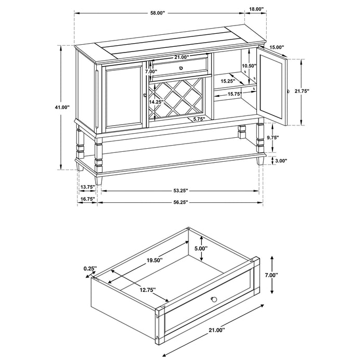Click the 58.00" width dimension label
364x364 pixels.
(158, 13)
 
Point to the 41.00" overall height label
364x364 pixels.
(62, 107)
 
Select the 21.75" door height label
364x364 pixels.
(302, 91)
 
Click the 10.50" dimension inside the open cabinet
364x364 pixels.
(250, 66)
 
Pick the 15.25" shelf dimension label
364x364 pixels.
(227, 81)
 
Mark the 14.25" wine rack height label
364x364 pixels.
(157, 102)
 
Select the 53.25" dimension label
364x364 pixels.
(179, 191)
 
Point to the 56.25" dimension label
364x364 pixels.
(179, 202)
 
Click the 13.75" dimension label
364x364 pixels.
(87, 187)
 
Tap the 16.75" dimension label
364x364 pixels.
(87, 199)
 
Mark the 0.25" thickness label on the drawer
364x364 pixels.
(90, 268)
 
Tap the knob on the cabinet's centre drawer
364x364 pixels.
(180, 68)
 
